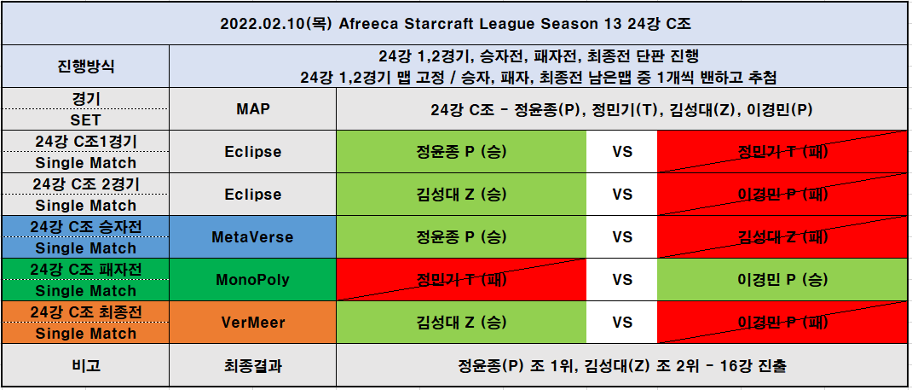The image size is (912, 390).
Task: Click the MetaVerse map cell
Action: pyautogui.click(x=252, y=237)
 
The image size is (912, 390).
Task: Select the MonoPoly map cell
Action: pyautogui.click(x=252, y=279)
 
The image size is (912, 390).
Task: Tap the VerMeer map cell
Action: pyautogui.click(x=252, y=322)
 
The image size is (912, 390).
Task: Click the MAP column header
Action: pyautogui.click(x=252, y=109)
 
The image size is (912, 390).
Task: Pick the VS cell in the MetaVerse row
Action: pyautogui.click(x=621, y=237)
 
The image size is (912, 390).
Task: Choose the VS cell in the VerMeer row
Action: pyautogui.click(x=621, y=322)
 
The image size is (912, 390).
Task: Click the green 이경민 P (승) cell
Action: pyautogui.click(x=782, y=279)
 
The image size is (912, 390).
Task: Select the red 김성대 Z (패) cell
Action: pyautogui.click(x=782, y=237)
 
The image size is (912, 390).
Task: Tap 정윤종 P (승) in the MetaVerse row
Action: pyautogui.click(x=461, y=237)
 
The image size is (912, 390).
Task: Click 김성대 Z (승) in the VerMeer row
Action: pyautogui.click(x=461, y=322)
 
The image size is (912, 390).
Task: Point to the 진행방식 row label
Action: pyautogui.click(x=85, y=66)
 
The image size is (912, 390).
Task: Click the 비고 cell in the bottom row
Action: pyautogui.click(x=85, y=365)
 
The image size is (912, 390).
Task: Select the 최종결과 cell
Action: pyautogui.click(x=252, y=365)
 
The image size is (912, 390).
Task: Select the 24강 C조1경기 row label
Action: pyautogui.click(x=85, y=141)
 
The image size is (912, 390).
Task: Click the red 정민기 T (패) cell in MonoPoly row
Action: pyautogui.click(x=461, y=279)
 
